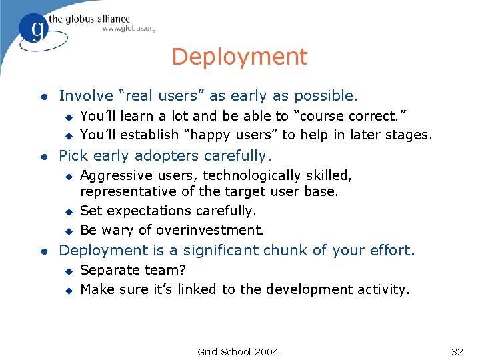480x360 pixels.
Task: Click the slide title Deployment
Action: point(239,57)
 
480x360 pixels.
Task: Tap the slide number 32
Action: point(457,351)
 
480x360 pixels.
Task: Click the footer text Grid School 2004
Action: point(238,351)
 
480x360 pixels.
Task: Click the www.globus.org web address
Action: point(129,28)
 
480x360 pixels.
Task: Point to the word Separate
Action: point(107,270)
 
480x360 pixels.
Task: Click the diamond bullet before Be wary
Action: point(67,231)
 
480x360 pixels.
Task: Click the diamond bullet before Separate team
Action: point(67,271)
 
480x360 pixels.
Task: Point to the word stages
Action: point(410,135)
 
